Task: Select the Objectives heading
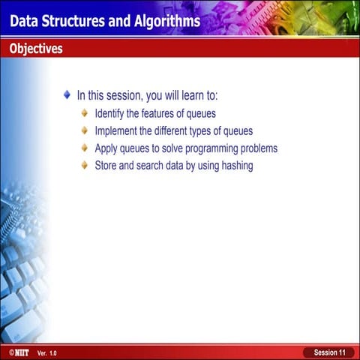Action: (x=36, y=49)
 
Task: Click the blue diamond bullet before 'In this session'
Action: (x=67, y=95)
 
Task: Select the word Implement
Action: (x=118, y=130)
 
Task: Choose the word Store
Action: (x=107, y=165)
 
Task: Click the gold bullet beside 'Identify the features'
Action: (x=85, y=113)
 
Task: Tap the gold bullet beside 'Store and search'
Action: (x=85, y=165)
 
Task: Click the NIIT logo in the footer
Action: (x=19, y=352)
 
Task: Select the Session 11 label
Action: (x=329, y=352)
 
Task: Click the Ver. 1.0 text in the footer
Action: (x=46, y=352)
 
